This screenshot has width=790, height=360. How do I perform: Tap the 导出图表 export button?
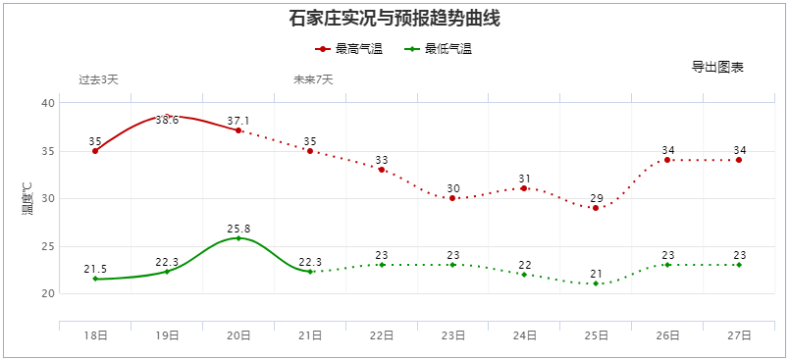click(717, 67)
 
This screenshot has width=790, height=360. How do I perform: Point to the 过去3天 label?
click(98, 79)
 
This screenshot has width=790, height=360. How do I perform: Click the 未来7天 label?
click(313, 79)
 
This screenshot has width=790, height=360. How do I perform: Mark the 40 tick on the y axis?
click(49, 103)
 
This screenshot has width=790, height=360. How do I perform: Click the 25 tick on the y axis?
click(49, 246)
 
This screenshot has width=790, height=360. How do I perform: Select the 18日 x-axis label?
click(95, 335)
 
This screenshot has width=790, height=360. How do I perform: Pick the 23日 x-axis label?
click(453, 335)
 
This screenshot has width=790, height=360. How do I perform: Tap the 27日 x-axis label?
click(739, 335)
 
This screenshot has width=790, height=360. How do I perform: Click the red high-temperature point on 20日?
click(238, 130)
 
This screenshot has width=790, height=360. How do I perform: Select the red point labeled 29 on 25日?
click(596, 208)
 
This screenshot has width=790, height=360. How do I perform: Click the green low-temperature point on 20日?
click(238, 238)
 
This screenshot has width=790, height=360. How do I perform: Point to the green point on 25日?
click(596, 284)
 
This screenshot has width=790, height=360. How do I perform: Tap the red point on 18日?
click(95, 151)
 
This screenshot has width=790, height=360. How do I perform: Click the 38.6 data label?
click(167, 121)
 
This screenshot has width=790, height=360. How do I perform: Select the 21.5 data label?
click(95, 269)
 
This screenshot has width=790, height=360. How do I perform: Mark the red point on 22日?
click(382, 170)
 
